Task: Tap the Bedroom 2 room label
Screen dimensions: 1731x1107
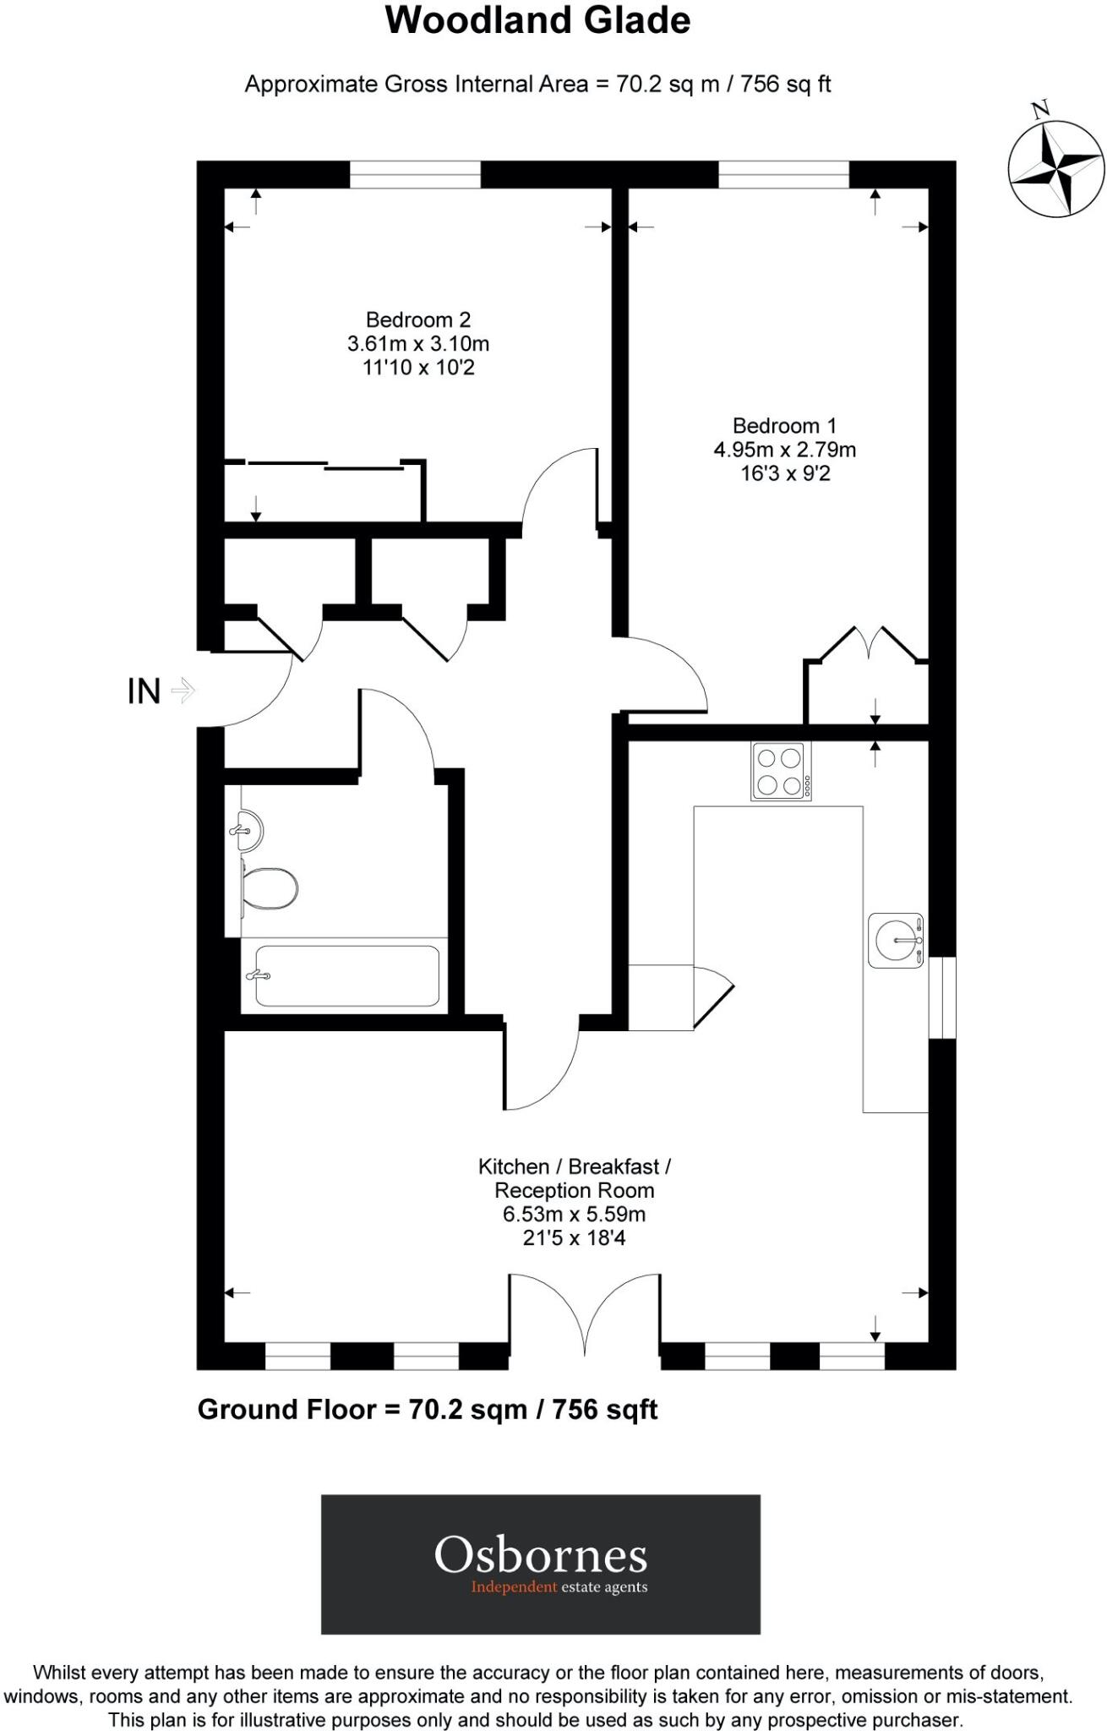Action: (x=418, y=319)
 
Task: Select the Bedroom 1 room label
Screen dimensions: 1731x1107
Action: (x=784, y=425)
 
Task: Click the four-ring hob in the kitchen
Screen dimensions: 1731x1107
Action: (x=781, y=771)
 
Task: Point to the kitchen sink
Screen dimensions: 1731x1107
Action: (x=896, y=941)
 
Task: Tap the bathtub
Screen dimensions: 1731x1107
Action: (x=346, y=975)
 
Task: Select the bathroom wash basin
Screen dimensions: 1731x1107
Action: (x=247, y=830)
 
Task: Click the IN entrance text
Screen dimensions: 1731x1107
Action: (x=144, y=691)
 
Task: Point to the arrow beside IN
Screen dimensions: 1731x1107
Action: (x=183, y=691)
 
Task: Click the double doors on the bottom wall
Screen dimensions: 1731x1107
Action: (x=585, y=1315)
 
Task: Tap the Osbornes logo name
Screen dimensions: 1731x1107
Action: (x=541, y=1554)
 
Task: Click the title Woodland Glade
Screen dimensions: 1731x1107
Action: (x=537, y=20)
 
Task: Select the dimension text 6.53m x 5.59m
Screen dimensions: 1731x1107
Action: (x=574, y=1214)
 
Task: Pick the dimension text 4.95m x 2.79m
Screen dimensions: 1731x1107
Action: (x=784, y=450)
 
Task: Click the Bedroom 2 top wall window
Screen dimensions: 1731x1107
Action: (x=415, y=175)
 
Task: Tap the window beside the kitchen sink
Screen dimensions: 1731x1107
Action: (x=942, y=997)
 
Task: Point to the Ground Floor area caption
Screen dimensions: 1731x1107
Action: (x=428, y=1409)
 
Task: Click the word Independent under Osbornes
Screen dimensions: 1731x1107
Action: (x=514, y=1586)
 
